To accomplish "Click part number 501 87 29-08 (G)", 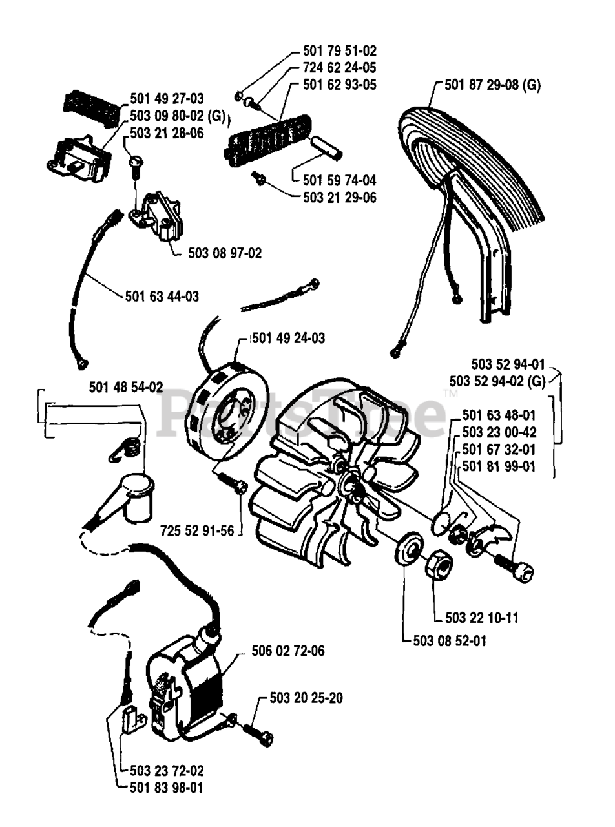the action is coord(492,85).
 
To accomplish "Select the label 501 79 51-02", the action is coord(340,50).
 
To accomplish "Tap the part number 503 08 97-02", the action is coord(225,253).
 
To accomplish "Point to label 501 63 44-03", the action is coord(162,297).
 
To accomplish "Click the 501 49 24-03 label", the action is coord(289,338).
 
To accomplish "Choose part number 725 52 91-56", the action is coord(197,530).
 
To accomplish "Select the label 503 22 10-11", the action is coord(482,618).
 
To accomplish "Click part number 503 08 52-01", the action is coord(450,641).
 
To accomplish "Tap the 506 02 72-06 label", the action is coord(288,651).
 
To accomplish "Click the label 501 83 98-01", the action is coord(166,788).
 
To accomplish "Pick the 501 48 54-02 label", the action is coord(126,388).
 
